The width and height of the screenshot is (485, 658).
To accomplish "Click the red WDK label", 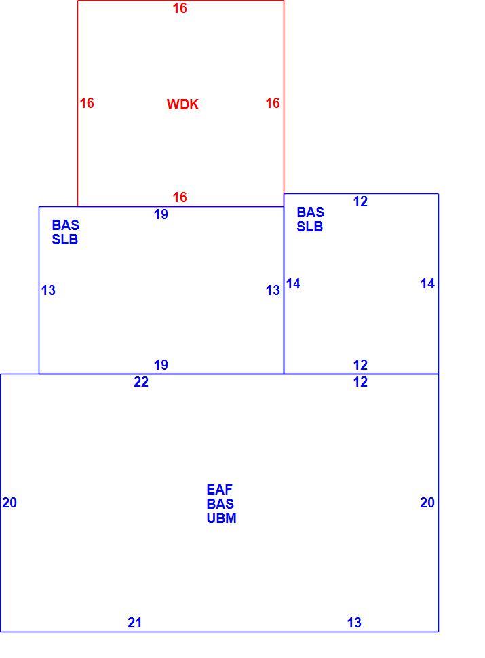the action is click(182, 104).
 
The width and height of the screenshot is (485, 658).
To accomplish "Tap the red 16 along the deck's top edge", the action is click(180, 8).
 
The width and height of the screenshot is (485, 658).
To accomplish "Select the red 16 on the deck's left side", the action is click(87, 103).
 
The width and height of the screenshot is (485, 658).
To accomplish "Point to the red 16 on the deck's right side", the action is click(273, 103).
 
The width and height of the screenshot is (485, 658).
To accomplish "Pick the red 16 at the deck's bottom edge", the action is click(180, 197).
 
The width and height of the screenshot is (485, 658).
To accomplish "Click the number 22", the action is click(141, 382).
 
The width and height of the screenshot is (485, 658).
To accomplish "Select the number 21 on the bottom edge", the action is click(135, 623).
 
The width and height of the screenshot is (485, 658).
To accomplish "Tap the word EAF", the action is click(219, 490).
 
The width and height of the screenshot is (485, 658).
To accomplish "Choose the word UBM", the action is click(222, 518).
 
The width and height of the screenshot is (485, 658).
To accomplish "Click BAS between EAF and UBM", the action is click(220, 504).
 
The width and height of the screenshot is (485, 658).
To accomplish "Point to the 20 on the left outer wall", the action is click(9, 503).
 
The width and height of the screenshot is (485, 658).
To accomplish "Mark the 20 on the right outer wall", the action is click(427, 503).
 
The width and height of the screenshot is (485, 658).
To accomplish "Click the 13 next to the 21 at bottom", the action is click(354, 623).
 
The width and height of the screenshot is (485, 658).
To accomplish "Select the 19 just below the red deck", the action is click(161, 214).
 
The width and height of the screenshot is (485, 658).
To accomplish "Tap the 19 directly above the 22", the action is click(161, 365).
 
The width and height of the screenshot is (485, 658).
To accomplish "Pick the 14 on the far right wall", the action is click(427, 284).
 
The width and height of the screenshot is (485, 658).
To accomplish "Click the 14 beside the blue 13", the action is click(293, 284).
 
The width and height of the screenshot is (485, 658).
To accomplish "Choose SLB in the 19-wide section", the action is click(65, 239).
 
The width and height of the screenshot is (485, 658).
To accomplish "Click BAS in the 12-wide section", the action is click(311, 212).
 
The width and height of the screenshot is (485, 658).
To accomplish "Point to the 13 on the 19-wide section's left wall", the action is click(48, 290).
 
